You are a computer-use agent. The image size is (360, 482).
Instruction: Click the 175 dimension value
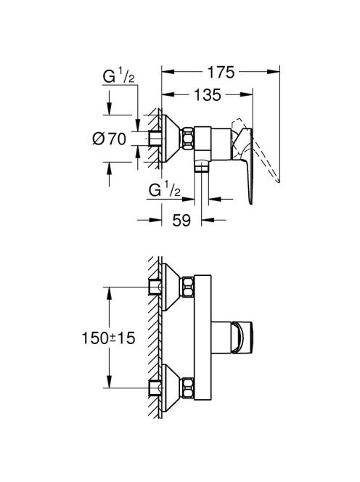click(221, 73)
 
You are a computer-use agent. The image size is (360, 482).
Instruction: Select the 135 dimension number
click(208, 95)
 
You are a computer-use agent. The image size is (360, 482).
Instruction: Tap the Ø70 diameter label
click(110, 139)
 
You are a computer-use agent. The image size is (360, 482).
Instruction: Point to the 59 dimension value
click(181, 220)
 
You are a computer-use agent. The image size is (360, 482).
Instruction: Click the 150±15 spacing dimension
click(108, 338)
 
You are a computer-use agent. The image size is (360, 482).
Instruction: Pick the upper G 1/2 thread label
click(118, 76)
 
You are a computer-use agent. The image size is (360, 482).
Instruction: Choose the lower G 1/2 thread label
click(165, 190)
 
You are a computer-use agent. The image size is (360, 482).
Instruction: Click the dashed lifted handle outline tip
click(279, 181)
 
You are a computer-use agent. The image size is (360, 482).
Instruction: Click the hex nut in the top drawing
click(188, 139)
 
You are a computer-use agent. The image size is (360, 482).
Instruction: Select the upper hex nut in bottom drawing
click(188, 287)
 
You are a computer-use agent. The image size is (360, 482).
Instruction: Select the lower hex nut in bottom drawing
click(188, 388)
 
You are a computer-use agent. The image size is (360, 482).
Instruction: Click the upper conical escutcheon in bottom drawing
click(171, 287)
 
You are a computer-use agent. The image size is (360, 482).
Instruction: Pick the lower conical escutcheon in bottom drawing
click(171, 388)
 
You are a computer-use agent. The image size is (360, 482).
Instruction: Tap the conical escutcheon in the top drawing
click(171, 139)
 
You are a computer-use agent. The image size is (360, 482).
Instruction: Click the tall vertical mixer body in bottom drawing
click(202, 338)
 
